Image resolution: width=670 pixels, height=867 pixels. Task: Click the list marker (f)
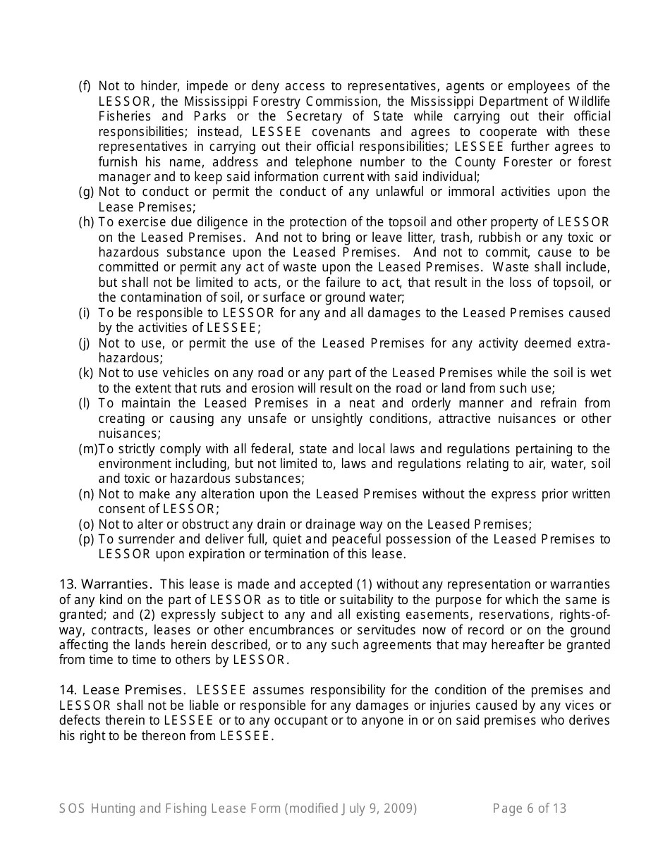click(85, 86)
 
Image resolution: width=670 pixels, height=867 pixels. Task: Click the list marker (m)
click(87, 449)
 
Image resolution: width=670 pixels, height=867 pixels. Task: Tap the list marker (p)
click(85, 539)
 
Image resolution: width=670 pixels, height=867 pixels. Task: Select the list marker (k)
click(85, 373)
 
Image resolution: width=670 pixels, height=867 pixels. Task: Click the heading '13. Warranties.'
click(105, 584)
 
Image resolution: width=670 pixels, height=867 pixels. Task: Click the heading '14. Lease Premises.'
click(123, 690)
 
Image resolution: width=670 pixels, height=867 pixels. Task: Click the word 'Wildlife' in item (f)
click(589, 102)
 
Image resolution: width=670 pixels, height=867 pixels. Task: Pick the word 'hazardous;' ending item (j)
click(130, 358)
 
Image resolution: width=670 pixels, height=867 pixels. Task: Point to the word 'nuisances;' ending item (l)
click(129, 433)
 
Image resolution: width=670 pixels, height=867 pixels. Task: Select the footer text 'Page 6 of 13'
click(529, 808)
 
